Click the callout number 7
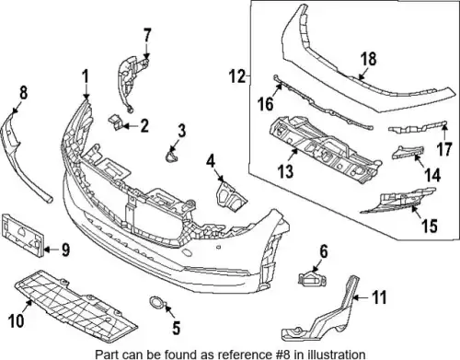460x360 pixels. [x=147, y=35]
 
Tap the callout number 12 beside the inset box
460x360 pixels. [x=238, y=76]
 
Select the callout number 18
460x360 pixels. [x=368, y=59]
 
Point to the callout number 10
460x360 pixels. [x=16, y=320]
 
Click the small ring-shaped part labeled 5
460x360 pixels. [x=156, y=302]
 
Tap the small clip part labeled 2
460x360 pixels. [x=115, y=122]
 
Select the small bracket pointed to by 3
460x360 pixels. [x=171, y=156]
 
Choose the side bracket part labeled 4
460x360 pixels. [x=230, y=198]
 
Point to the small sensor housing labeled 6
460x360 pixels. [x=312, y=279]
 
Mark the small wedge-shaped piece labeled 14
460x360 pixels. [x=408, y=152]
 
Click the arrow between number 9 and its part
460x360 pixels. [x=52, y=250]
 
